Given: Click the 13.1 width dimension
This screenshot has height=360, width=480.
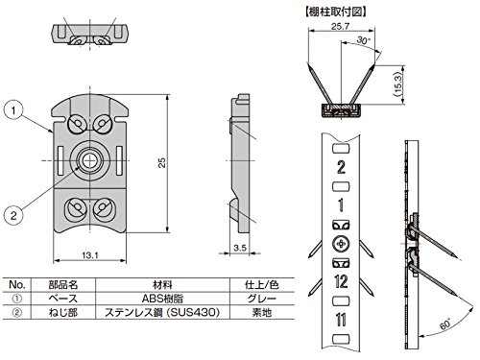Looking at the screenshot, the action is click(x=90, y=255).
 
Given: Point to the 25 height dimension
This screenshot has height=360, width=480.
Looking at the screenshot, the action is click(x=162, y=162).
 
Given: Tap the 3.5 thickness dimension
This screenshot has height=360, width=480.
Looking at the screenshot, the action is click(x=240, y=248).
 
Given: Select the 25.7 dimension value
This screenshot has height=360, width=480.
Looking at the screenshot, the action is click(x=340, y=26).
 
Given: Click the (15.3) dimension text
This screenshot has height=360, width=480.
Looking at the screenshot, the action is click(x=398, y=84).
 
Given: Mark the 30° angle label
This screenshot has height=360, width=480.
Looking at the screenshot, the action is click(x=364, y=40).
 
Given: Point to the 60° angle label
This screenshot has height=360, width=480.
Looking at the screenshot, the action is click(x=445, y=324).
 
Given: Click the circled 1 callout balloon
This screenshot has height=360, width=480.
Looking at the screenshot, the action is click(x=13, y=110).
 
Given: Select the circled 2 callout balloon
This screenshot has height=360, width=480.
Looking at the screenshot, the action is click(x=13, y=215).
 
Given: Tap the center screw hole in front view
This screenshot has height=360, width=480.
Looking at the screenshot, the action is click(x=90, y=160).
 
